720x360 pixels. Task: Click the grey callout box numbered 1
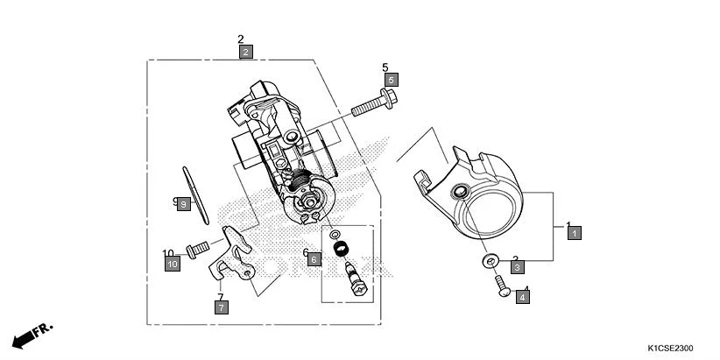pyautogui.click(x=574, y=233)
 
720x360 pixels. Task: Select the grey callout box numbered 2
pyautogui.click(x=246, y=52)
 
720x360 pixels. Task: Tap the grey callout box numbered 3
pyautogui.click(x=518, y=266)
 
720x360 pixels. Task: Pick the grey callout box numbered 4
pyautogui.click(x=523, y=297)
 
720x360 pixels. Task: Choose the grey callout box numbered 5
pyautogui.click(x=391, y=80)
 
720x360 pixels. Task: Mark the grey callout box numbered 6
pyautogui.click(x=314, y=259)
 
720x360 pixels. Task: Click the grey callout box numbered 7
pyautogui.click(x=222, y=307)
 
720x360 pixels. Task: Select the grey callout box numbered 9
pyautogui.click(x=183, y=204)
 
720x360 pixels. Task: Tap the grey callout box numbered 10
pyautogui.click(x=173, y=263)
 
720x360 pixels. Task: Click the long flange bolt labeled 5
pyautogui.click(x=373, y=105)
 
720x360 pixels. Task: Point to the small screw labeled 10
pyautogui.click(x=197, y=249)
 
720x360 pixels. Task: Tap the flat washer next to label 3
pyautogui.click(x=489, y=261)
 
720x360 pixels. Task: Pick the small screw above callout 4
pyautogui.click(x=503, y=286)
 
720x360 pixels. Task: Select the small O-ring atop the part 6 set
pyautogui.click(x=335, y=236)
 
